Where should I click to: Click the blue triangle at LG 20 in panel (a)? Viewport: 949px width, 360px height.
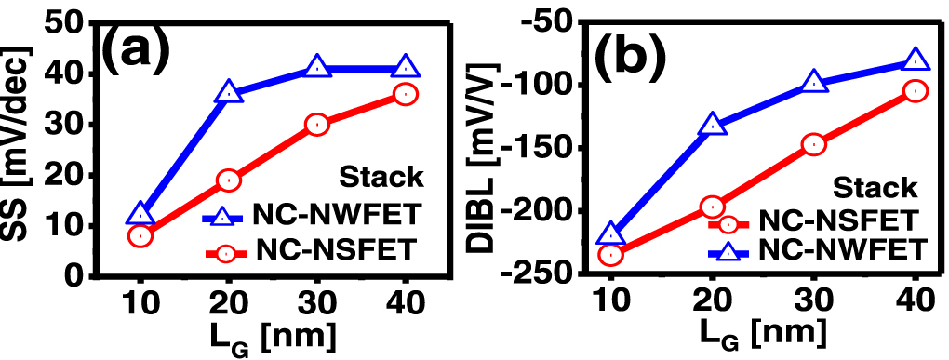[x=229, y=93]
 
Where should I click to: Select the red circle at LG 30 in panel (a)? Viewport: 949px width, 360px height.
[x=317, y=125]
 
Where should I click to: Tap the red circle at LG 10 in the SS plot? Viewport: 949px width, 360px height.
[x=140, y=235]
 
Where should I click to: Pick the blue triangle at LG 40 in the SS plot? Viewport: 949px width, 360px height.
[x=406, y=67]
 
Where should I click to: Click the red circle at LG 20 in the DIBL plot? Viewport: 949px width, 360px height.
[x=712, y=207]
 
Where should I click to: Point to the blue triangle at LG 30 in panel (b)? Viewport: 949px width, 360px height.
[x=814, y=82]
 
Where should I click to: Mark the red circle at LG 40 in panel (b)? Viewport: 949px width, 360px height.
[x=916, y=91]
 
